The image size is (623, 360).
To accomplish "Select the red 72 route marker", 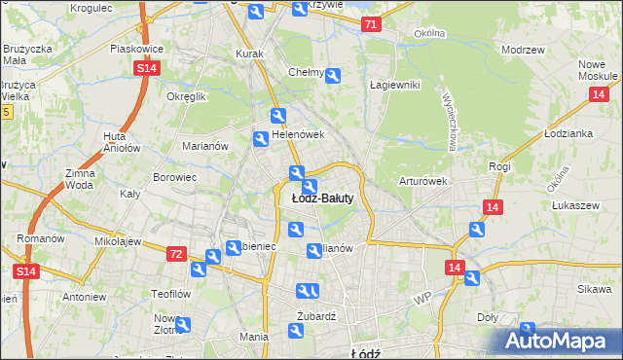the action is pyautogui.click(x=175, y=253).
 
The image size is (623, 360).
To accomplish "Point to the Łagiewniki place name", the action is pyautogui.click(x=394, y=85).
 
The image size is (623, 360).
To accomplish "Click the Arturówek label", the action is pyautogui.click(x=422, y=181).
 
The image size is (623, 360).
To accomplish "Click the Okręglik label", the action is pyautogui.click(x=187, y=97).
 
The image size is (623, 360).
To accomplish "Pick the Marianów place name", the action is pyautogui.click(x=205, y=146).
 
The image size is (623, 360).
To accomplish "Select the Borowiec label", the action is pyautogui.click(x=175, y=178).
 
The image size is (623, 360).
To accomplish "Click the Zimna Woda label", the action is pyautogui.click(x=80, y=179).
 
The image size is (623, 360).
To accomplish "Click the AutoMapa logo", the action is pyautogui.click(x=558, y=340).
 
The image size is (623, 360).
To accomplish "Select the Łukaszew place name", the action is pyautogui.click(x=574, y=205).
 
